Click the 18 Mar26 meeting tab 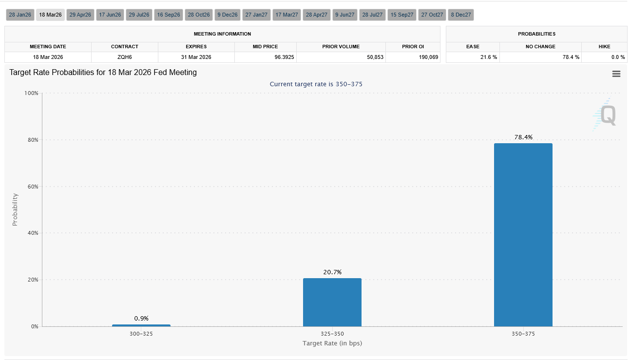click(x=50, y=15)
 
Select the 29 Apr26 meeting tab click(x=80, y=15)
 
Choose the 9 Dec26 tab click(x=228, y=15)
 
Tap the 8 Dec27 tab click(x=461, y=15)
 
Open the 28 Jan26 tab click(x=20, y=15)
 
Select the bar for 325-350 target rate click(x=332, y=302)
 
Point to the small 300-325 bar click(x=141, y=325)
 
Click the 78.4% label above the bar click(x=523, y=137)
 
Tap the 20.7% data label click(x=332, y=272)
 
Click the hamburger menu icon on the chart click(x=616, y=74)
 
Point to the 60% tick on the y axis click(x=32, y=187)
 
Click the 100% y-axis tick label click(x=31, y=93)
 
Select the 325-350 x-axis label click(x=332, y=334)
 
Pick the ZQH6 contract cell click(x=124, y=57)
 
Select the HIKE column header click(x=604, y=46)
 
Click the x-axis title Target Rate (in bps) click(x=332, y=343)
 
